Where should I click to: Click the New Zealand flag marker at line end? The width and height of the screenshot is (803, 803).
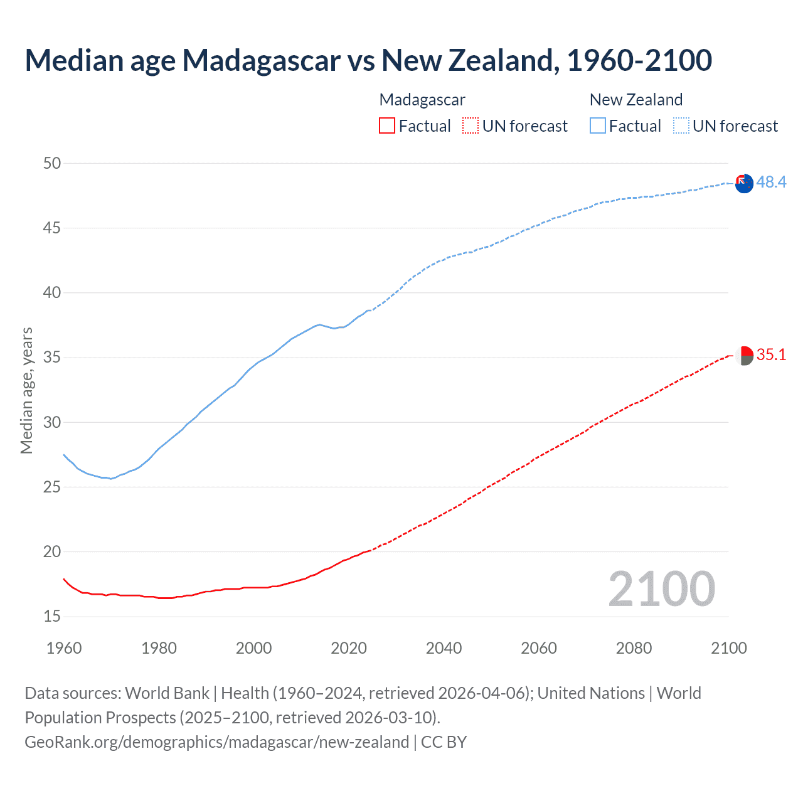[x=744, y=184]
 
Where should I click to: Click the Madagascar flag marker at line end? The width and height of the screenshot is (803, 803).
[x=744, y=356]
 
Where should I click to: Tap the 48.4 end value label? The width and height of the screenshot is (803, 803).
[x=771, y=183]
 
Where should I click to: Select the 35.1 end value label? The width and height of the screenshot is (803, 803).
[x=771, y=355]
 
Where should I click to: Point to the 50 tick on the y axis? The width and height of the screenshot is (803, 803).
[x=52, y=163]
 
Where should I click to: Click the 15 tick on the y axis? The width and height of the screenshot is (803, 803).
[x=52, y=617]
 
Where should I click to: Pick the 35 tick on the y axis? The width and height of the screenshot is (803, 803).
[x=52, y=358]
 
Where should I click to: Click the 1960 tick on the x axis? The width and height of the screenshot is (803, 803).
[x=64, y=648]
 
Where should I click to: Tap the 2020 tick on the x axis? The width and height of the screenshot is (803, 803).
[x=349, y=648]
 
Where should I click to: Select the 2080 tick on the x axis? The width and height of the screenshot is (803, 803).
[x=634, y=648]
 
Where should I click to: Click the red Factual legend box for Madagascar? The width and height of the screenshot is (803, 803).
[x=387, y=126]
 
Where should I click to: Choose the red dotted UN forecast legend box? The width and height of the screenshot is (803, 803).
[x=471, y=126]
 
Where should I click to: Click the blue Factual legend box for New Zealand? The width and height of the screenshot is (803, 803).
[x=597, y=126]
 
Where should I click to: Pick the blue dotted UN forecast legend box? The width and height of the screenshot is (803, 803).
[x=681, y=126]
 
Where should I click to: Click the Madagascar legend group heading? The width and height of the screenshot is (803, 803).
[x=422, y=100]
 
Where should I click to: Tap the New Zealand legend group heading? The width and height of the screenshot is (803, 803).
[x=635, y=100]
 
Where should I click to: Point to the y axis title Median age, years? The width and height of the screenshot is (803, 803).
[x=26, y=390]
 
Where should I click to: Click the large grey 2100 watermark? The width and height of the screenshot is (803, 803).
[x=661, y=589]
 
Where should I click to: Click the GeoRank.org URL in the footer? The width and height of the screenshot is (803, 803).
[x=216, y=742]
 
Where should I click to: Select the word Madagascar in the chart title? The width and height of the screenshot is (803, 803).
[x=262, y=60]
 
